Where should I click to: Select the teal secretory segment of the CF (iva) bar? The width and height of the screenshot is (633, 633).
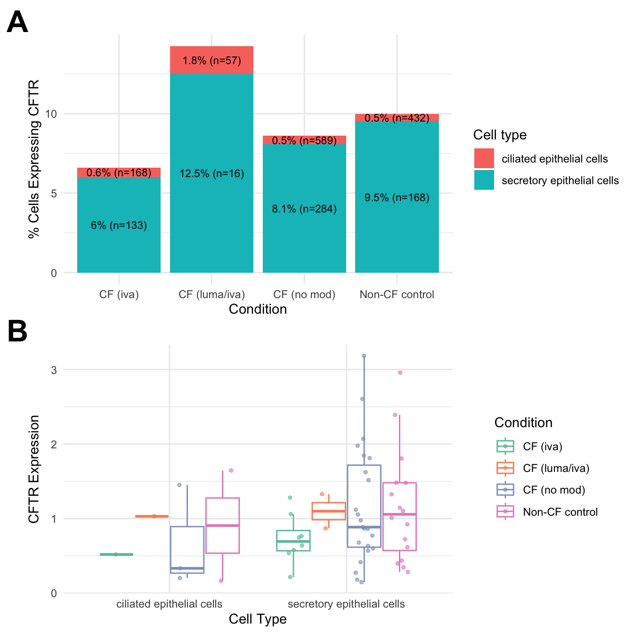pos(119,245)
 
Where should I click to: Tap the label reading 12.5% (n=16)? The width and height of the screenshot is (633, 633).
pos(212,174)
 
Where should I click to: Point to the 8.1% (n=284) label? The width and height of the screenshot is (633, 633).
pos(304,209)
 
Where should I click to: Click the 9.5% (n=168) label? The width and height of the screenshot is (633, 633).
pos(397,198)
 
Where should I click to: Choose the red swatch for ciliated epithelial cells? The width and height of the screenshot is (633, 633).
pos(484,159)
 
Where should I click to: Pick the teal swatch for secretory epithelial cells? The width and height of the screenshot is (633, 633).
pos(484,180)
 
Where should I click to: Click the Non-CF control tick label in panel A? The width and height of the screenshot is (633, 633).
pos(397,295)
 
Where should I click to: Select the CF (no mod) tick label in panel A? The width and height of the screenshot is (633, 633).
pos(304,295)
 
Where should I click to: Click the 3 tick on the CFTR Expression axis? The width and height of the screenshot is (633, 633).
pos(54,370)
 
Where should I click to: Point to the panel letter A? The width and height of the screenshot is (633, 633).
pos(17,22)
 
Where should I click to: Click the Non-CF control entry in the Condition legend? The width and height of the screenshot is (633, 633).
pos(560,512)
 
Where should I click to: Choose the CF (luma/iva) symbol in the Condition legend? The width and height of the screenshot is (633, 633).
pos(505,468)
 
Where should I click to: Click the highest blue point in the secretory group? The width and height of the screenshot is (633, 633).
pos(364,356)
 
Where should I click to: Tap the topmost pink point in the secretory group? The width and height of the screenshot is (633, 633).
pos(400,373)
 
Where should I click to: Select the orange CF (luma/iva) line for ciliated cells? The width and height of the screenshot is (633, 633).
pos(152,517)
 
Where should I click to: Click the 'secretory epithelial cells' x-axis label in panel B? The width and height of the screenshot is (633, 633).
pos(346,604)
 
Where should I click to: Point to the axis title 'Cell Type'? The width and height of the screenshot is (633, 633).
pos(258,619)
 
